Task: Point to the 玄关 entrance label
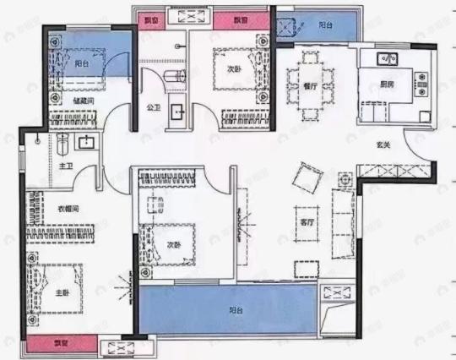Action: [x=383, y=145]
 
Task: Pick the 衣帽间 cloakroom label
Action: [x=68, y=209]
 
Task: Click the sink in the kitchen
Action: [x=388, y=59]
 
